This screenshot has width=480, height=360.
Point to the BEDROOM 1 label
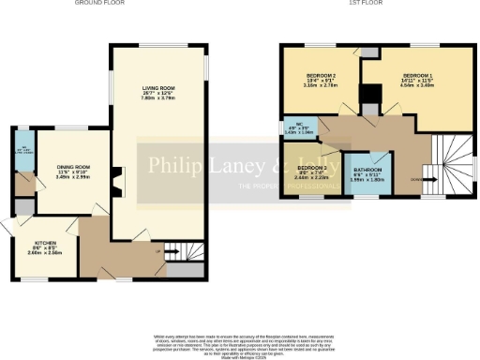(417, 75)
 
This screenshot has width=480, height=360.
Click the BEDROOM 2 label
(322, 75)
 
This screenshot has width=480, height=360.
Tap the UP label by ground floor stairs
(172, 251)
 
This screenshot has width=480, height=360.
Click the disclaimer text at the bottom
(239, 343)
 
